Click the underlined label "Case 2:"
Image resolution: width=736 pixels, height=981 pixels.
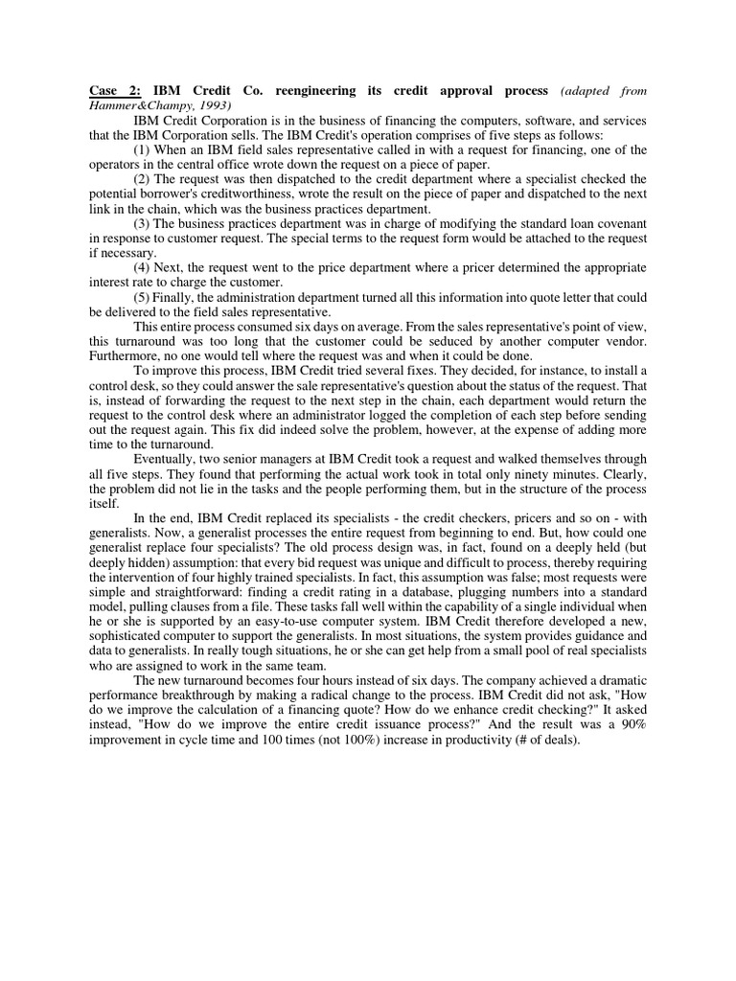(112, 91)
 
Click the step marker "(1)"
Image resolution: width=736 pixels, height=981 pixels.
(143, 149)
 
